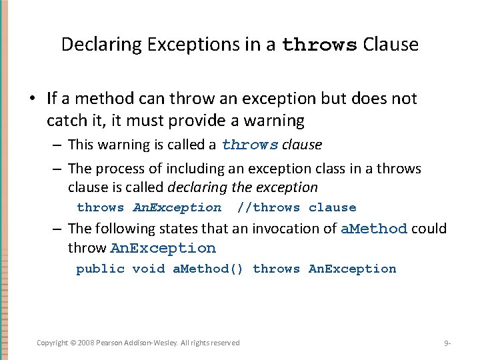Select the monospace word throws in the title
pyautogui.click(x=320, y=45)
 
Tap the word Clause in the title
pyautogui.click(x=391, y=45)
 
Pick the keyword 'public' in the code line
pyautogui.click(x=100, y=269)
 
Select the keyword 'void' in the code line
pyautogui.click(x=148, y=269)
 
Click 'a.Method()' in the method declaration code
pyautogui.click(x=208, y=269)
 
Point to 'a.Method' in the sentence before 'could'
pyautogui.click(x=373, y=229)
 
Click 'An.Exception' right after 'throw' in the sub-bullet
pyautogui.click(x=163, y=248)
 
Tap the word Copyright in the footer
pyautogui.click(x=53, y=343)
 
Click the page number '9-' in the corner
pyautogui.click(x=447, y=343)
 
